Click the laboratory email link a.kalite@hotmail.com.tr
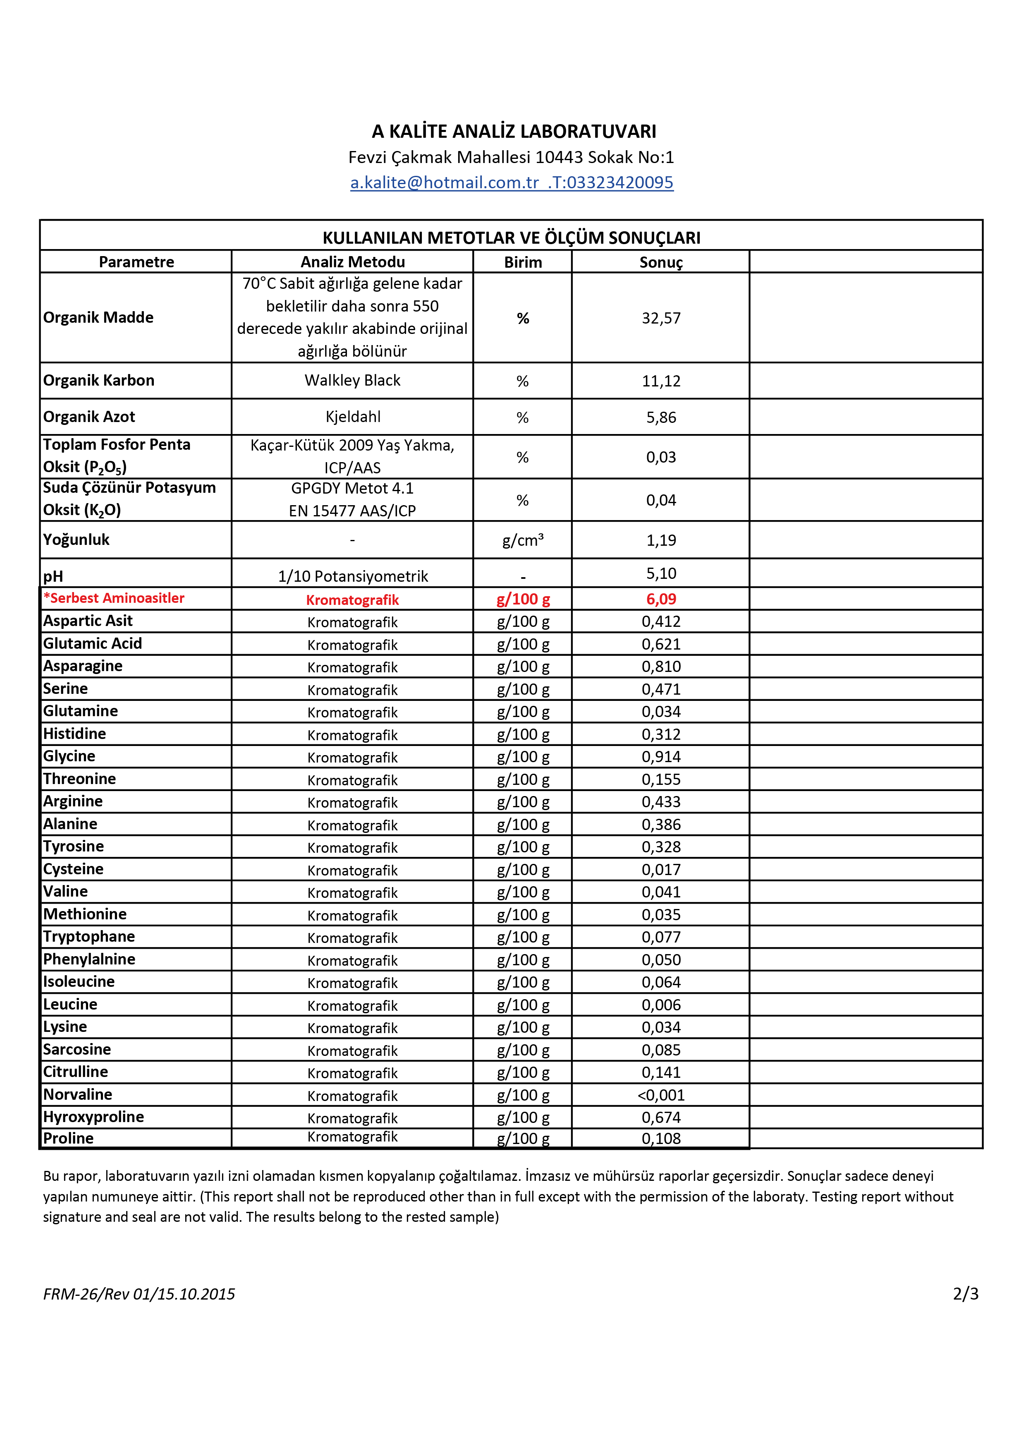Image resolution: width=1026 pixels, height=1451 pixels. (444, 182)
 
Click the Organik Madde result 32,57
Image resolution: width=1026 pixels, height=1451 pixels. (661, 318)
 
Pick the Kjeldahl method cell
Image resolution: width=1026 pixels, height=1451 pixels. (352, 417)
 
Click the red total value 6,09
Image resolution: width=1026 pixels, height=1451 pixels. (661, 599)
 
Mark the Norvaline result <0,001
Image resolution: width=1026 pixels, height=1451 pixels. (661, 1095)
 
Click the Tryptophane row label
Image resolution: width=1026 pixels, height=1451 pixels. (89, 937)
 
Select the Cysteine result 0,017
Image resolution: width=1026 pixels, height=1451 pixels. (661, 870)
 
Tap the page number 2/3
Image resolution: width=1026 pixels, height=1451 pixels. (965, 1294)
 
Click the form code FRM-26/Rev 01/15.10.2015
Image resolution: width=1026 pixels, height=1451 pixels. (139, 1294)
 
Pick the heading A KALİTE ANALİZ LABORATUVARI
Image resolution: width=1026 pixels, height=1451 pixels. (514, 132)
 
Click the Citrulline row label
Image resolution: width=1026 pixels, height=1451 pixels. (76, 1072)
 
